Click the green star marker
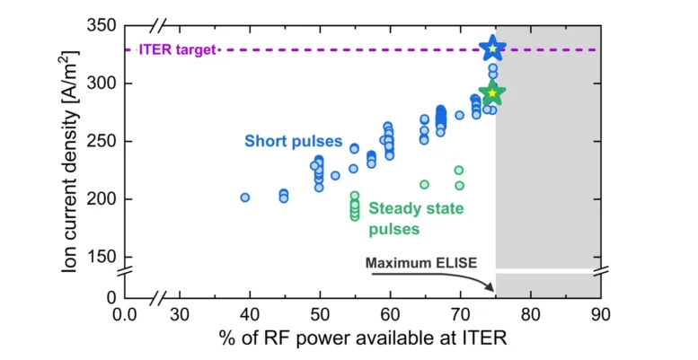click(491, 92)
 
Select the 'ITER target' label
click(177, 49)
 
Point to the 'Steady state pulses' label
click(417, 218)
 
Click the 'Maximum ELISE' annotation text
click(420, 263)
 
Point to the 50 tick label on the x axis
click(319, 314)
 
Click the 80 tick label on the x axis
click(531, 314)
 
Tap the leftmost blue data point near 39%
click(244, 198)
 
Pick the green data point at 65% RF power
click(424, 185)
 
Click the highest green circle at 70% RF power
click(459, 171)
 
